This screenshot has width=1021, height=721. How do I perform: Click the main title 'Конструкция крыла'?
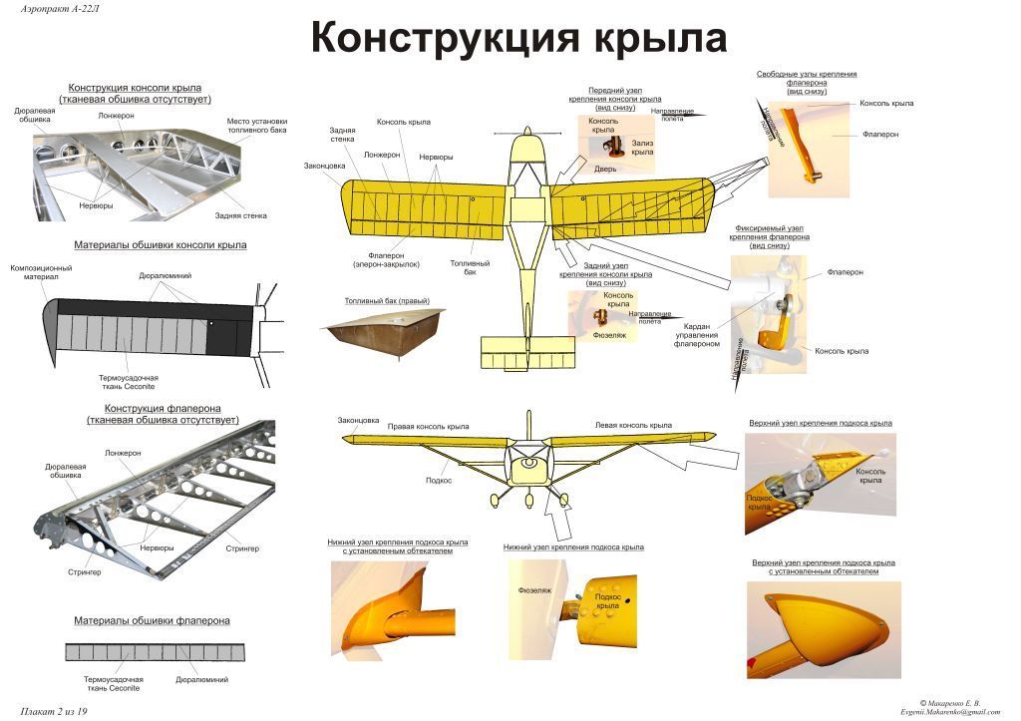518,39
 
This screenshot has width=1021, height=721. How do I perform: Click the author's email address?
948,711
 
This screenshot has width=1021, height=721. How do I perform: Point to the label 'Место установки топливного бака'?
256,126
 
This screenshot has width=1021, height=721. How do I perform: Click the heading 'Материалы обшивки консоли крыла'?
161,244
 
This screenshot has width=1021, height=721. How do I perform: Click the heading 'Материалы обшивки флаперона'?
152,620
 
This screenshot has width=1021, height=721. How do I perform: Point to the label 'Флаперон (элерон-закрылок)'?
386,259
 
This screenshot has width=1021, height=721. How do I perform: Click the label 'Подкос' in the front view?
439,480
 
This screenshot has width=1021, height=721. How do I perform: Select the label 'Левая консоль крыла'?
633,425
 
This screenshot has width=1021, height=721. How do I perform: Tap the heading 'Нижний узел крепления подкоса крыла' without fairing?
573,546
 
